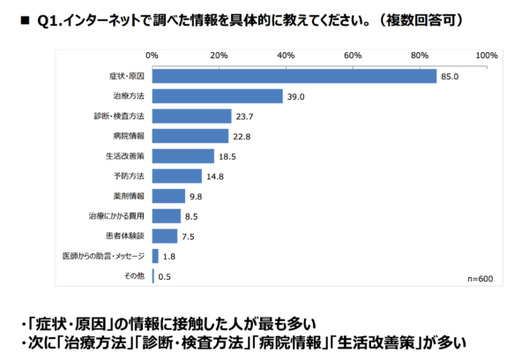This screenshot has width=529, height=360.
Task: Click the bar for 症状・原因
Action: point(294,76)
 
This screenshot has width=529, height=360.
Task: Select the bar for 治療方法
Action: point(217,96)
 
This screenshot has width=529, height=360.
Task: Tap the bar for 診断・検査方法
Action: point(191,116)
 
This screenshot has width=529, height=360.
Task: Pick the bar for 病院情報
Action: point(190,136)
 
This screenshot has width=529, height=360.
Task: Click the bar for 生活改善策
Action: point(183,156)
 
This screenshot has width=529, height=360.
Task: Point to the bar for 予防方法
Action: point(176,176)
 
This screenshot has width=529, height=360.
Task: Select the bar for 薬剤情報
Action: point(168,196)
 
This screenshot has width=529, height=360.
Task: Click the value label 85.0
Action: point(451,76)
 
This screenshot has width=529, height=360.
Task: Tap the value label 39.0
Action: point(295,96)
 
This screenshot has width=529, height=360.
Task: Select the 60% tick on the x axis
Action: point(353,56)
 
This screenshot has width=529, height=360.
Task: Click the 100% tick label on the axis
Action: point(487,56)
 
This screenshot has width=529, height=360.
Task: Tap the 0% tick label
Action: point(152,56)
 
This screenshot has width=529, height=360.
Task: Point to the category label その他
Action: point(134,276)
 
